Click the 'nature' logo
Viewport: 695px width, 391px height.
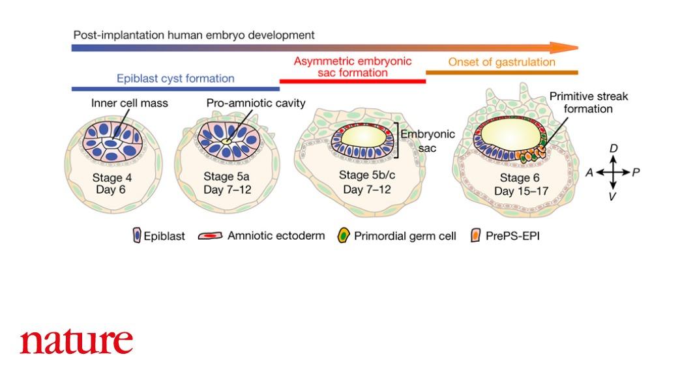tap(76, 341)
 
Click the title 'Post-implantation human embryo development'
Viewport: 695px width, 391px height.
tap(194, 35)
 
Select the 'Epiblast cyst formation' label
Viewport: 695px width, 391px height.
tap(175, 78)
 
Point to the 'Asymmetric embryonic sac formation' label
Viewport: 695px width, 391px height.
tap(353, 66)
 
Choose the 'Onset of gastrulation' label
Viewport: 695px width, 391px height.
tap(501, 62)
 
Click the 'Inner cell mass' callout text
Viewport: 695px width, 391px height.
tap(129, 103)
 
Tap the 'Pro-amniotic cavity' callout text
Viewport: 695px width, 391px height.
tap(256, 103)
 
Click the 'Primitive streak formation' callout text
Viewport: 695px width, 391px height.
tap(589, 102)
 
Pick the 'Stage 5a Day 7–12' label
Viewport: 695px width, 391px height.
tap(228, 183)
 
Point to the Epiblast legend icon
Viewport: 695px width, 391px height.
tap(136, 236)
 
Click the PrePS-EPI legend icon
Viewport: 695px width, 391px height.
tap(475, 236)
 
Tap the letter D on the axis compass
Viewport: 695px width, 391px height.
tap(613, 149)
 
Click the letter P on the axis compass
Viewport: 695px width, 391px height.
tap(636, 172)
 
